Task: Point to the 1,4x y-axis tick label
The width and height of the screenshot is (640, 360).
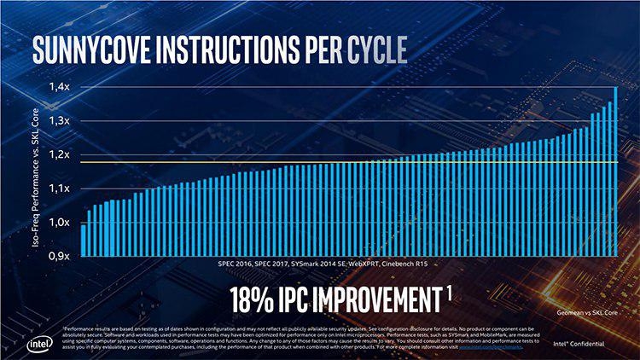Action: coord(57,87)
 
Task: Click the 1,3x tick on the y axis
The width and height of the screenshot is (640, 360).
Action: coord(57,121)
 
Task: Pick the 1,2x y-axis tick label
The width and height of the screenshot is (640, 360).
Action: coord(57,154)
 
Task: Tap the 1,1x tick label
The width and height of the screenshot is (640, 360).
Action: coord(57,189)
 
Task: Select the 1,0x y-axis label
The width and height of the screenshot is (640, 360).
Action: coord(57,222)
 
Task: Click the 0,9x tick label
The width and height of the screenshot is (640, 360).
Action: coord(57,255)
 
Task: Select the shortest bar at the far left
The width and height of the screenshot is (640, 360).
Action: coord(83,240)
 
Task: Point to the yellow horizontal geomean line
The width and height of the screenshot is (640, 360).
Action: coord(341,161)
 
